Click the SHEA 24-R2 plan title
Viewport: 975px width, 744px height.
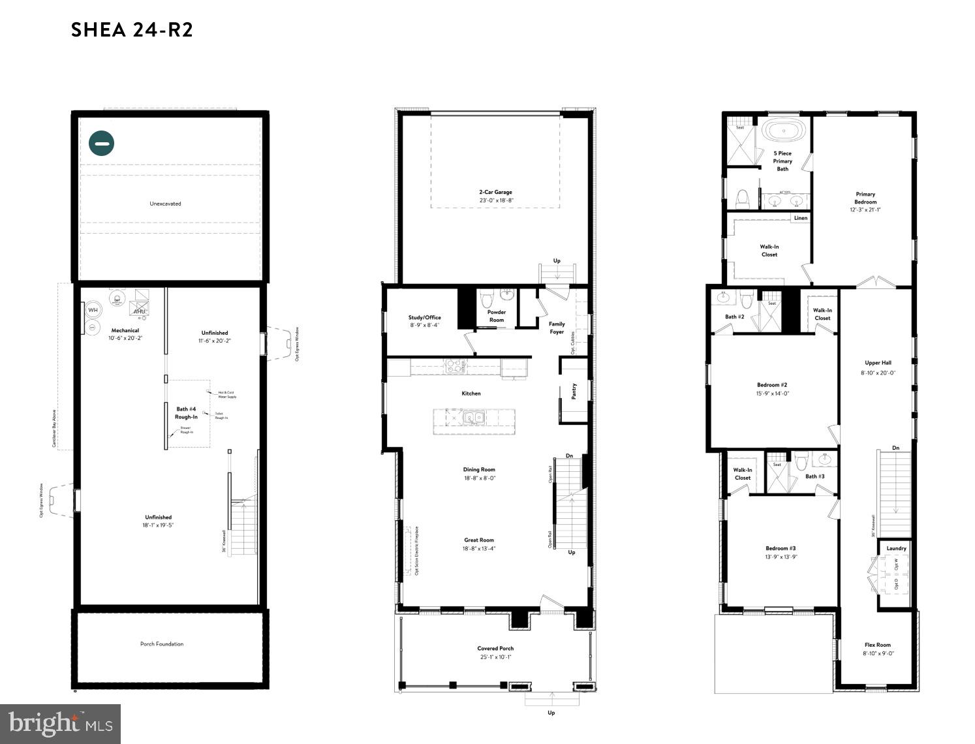click(132, 30)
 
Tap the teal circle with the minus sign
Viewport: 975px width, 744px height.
click(102, 143)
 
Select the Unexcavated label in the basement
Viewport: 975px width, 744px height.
click(165, 204)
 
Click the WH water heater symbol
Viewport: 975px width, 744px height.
click(93, 310)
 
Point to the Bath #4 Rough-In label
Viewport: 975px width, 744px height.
click(185, 413)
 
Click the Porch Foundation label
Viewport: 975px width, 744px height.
click(162, 644)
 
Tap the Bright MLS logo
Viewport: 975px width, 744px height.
click(60, 724)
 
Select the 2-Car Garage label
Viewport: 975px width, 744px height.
click(495, 193)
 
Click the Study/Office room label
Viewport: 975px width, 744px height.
click(424, 318)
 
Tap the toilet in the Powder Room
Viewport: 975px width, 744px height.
click(486, 300)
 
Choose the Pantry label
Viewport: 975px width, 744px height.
click(574, 391)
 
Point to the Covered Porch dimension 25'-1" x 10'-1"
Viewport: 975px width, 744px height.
click(495, 657)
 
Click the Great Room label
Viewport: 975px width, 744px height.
click(479, 540)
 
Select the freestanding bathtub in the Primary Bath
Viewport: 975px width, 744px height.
click(782, 131)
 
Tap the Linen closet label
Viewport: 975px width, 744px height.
click(800, 218)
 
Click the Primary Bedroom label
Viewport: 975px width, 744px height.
click(865, 198)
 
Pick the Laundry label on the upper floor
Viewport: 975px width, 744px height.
click(896, 549)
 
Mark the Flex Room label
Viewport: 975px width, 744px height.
click(878, 645)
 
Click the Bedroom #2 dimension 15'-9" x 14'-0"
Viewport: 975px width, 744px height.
click(773, 394)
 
